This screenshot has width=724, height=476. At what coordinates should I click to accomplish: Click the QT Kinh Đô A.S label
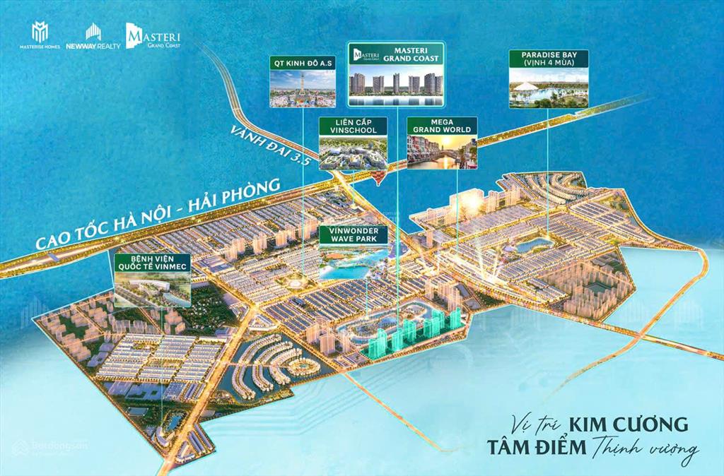302,61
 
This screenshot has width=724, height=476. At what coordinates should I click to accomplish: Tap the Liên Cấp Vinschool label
353,126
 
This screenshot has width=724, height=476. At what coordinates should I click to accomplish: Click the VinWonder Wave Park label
353,234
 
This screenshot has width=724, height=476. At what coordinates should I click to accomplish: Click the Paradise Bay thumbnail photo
549,88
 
